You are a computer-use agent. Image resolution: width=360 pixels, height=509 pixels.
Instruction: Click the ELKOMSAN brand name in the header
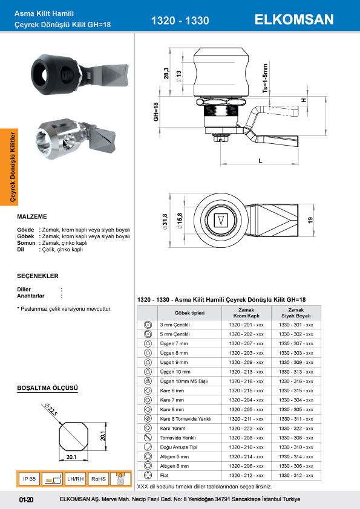click(x=294, y=19)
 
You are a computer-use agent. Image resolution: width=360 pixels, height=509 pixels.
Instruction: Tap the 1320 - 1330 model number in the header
click(x=180, y=21)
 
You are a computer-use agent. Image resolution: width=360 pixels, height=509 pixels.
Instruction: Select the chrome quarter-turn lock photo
click(x=76, y=138)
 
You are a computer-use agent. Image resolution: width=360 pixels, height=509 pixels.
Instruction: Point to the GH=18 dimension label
click(x=156, y=112)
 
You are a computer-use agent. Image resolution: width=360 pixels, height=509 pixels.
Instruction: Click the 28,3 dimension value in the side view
click(x=166, y=73)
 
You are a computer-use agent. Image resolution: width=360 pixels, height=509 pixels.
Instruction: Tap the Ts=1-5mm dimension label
click(x=266, y=78)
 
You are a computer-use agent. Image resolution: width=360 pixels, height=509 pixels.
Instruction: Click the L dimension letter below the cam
click(x=260, y=161)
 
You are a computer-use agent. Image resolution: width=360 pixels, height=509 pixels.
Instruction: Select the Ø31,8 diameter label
click(x=165, y=222)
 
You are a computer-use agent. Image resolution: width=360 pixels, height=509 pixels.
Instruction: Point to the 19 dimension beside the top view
click(x=310, y=220)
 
